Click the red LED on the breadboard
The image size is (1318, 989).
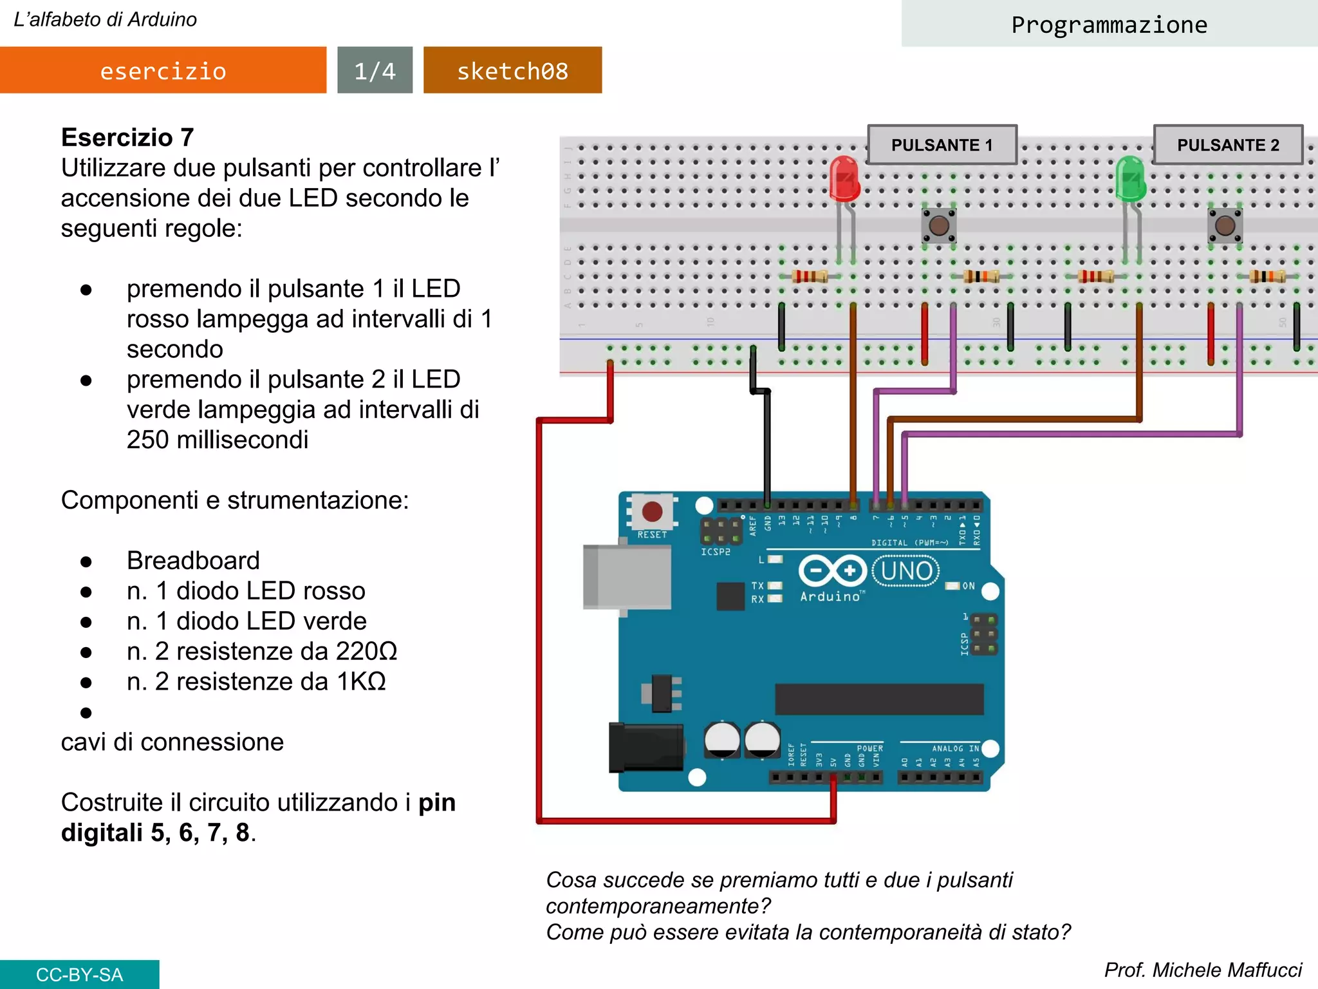pyautogui.click(x=844, y=179)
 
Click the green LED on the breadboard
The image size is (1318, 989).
pyautogui.click(x=1131, y=179)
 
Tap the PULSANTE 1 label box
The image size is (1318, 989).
pyautogui.click(x=942, y=145)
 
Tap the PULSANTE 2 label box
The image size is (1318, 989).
pyautogui.click(x=1228, y=145)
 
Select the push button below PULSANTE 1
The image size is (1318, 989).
pyautogui.click(x=939, y=225)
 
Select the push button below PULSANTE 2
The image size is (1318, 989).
pyautogui.click(x=1225, y=225)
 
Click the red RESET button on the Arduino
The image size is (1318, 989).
pyautogui.click(x=652, y=512)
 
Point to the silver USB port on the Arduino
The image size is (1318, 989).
pyautogui.click(x=626, y=576)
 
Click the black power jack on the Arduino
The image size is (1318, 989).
pyautogui.click(x=645, y=747)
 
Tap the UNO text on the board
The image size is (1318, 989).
pyautogui.click(x=906, y=571)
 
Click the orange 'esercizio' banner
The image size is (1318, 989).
pyautogui.click(x=163, y=70)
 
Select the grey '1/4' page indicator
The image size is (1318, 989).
pyautogui.click(x=375, y=70)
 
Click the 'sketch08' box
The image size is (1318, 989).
pyautogui.click(x=512, y=70)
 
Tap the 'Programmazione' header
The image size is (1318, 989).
pyautogui.click(x=1109, y=24)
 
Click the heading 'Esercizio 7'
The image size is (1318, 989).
pyautogui.click(x=127, y=137)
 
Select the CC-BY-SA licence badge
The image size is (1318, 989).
pyautogui.click(x=79, y=974)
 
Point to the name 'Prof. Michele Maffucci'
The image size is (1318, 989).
pyautogui.click(x=1203, y=970)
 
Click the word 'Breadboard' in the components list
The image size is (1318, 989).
pyautogui.click(x=193, y=560)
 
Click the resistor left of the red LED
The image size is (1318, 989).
pyautogui.click(x=810, y=276)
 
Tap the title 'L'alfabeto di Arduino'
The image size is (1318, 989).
pyautogui.click(x=105, y=19)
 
